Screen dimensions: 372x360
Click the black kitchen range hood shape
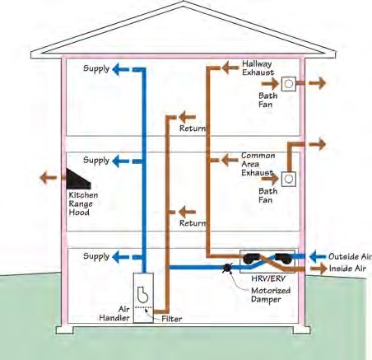[x=77, y=180]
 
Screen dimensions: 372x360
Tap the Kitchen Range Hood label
[x=83, y=203]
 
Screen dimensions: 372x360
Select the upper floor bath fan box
[x=289, y=84]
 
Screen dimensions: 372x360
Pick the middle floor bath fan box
[x=288, y=179]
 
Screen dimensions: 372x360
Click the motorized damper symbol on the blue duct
[x=228, y=268]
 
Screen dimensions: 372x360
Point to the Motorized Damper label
[x=271, y=295]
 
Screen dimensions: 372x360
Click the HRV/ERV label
[x=268, y=278]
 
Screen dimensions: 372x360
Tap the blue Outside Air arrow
[x=318, y=256]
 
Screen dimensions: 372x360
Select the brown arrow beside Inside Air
[x=319, y=269]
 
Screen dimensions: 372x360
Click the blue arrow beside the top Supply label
[x=120, y=69]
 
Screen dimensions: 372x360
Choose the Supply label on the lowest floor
[x=96, y=257]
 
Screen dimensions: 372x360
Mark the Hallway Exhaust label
[x=258, y=68]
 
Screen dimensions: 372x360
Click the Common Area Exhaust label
[x=258, y=164]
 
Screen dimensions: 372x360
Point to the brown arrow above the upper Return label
[x=188, y=117]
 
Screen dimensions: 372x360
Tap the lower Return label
[x=193, y=223]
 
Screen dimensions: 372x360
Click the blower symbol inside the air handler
[x=142, y=294]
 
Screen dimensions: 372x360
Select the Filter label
[x=172, y=319]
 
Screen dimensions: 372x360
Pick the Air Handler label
[x=114, y=313]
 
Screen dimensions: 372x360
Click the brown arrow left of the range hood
[x=49, y=178]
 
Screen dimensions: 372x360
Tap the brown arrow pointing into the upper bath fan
[x=270, y=83]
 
